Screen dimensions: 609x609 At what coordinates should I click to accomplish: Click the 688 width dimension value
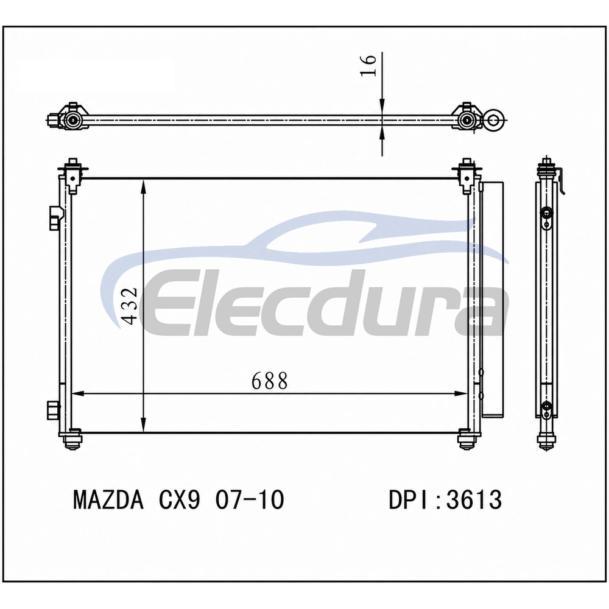tap(270, 381)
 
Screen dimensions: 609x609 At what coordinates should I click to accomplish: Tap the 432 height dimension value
tap(130, 305)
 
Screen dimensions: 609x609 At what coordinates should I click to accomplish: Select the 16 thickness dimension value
tap(368, 65)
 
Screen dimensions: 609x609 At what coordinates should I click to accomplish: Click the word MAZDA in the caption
tap(108, 499)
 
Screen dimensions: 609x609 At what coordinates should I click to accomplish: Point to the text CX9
tap(180, 499)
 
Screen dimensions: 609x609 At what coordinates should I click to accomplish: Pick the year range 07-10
tap(250, 499)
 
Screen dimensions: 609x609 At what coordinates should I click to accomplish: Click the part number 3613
tap(474, 499)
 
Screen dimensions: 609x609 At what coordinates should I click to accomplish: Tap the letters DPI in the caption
tap(410, 499)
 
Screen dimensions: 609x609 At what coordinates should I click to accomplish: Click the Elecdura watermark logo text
tap(325, 303)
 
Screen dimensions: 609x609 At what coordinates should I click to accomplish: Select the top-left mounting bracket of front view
tap(73, 175)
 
